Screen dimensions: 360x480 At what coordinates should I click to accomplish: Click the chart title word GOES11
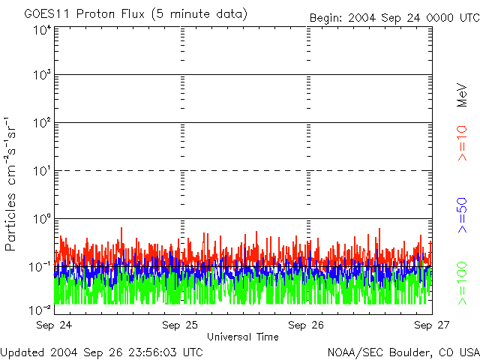pos(46,14)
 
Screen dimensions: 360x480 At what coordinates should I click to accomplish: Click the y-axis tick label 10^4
pos(41,31)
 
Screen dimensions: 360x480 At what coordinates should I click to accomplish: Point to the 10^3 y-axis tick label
pos(41,75)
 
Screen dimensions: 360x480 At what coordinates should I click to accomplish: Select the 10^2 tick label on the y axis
pos(41,122)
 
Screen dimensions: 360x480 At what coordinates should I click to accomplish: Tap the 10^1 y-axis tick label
pos(41,170)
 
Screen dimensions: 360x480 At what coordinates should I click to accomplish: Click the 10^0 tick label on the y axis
pos(41,218)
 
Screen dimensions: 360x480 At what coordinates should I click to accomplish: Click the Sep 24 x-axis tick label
pos(54,325)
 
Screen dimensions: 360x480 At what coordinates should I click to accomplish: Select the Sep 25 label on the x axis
pos(180,325)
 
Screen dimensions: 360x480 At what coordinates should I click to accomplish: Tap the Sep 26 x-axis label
pos(307,325)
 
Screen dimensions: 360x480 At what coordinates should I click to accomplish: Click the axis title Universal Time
pos(243,337)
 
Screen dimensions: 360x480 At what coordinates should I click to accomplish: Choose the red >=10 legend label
pos(463,142)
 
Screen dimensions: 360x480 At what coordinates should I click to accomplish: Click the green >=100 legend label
pos(463,283)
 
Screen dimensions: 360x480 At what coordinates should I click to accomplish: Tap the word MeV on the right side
pos(463,97)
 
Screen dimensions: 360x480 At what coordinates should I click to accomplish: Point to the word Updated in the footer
pos(22,352)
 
